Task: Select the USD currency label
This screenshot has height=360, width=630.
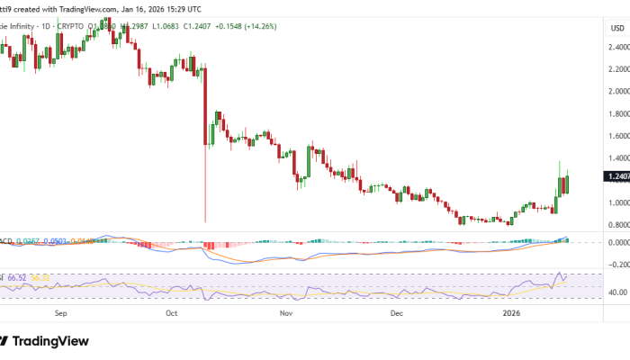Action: pyautogui.click(x=617, y=28)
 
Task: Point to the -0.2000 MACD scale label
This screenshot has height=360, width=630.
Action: pyautogui.click(x=616, y=265)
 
